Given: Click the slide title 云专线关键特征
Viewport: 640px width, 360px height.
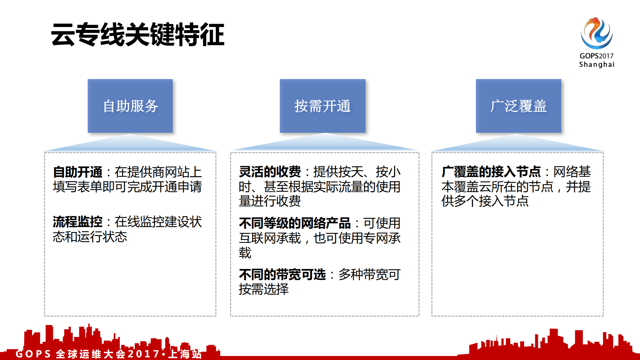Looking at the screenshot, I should [x=137, y=34].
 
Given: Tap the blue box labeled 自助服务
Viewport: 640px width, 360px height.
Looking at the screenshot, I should [x=130, y=106].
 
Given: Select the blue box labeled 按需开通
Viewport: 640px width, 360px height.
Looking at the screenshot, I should [x=323, y=106].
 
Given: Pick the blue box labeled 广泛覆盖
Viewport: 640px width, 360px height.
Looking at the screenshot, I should [x=518, y=106].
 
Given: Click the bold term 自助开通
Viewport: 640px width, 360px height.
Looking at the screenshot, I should [x=77, y=172].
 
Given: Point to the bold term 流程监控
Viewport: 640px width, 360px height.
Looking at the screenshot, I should [x=77, y=222].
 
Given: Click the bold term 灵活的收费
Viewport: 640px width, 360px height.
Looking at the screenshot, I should [x=269, y=172].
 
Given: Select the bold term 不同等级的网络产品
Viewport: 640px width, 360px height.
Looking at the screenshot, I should [x=294, y=223].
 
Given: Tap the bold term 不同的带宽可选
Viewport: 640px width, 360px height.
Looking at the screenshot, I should [x=282, y=275].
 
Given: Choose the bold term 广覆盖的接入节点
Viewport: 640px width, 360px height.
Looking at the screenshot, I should [x=491, y=172].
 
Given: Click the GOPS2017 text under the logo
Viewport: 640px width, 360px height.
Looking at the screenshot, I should [x=596, y=56].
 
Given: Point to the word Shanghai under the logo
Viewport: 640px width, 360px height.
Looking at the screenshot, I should [x=596, y=64].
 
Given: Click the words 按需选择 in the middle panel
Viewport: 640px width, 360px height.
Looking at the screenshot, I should [x=263, y=289].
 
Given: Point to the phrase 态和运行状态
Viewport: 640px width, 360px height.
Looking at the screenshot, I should [x=90, y=237].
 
